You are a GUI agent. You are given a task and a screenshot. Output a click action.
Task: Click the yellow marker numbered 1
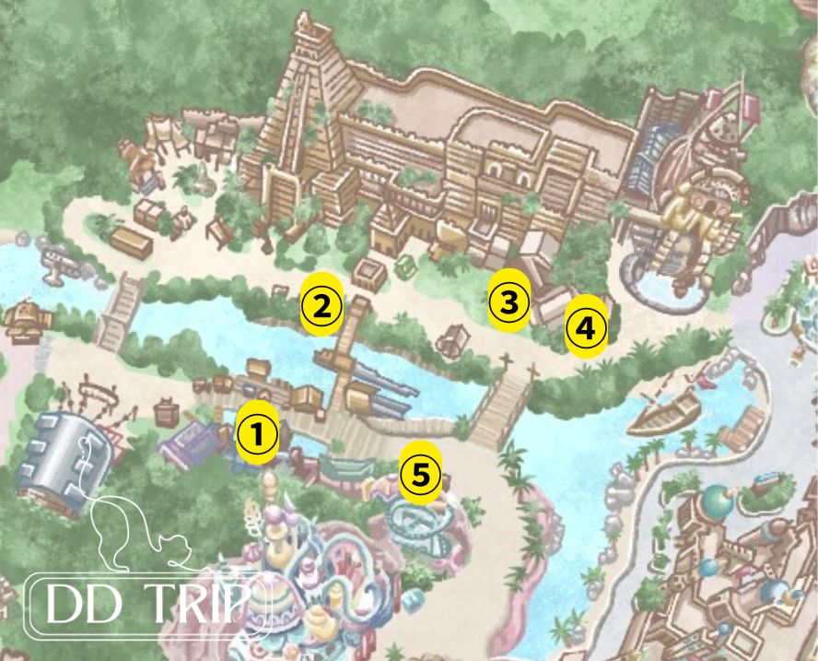point(258,431)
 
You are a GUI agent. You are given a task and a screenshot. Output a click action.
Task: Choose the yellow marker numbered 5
point(420,474)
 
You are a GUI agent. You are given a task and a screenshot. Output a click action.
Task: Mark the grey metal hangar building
point(64,453)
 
